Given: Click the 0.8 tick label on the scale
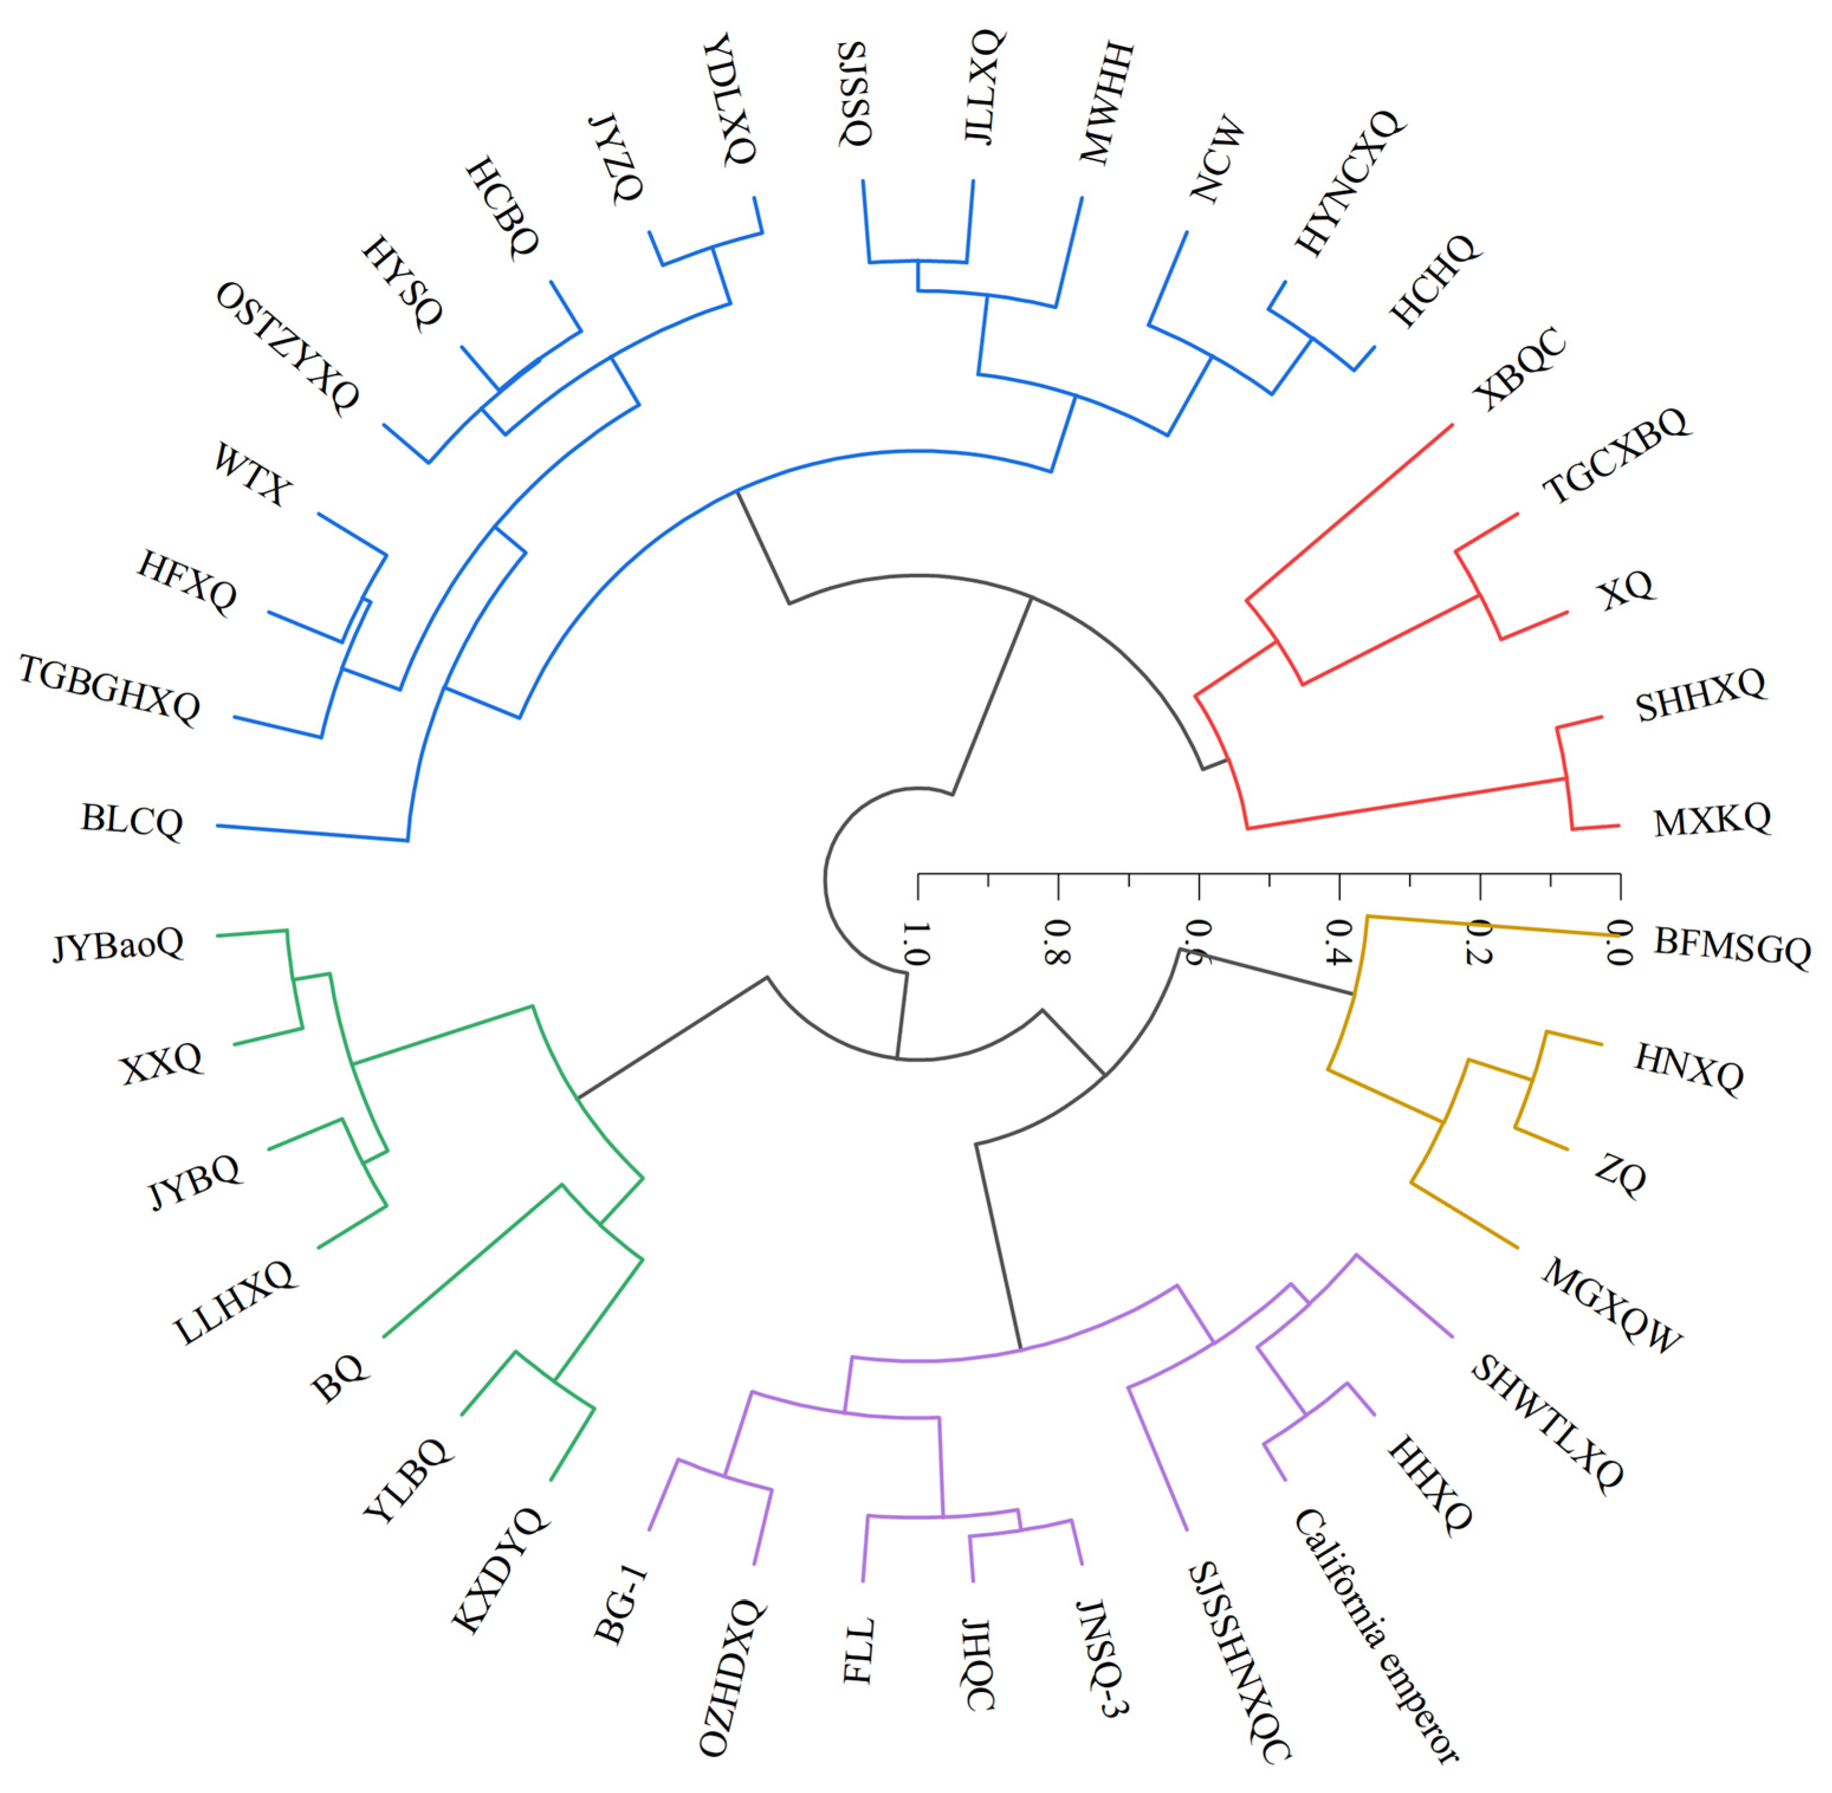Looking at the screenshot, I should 1057,945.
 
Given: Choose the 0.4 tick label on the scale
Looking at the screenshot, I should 1338,945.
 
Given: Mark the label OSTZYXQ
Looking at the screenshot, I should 287,348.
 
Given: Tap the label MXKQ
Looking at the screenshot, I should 1711,820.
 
